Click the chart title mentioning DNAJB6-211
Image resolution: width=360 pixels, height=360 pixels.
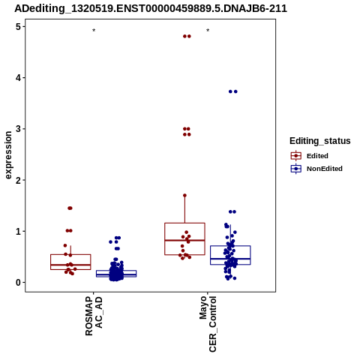click(x=151, y=8)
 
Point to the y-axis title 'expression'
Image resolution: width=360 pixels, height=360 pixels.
click(x=8, y=155)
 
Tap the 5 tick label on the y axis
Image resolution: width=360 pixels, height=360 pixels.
click(x=19, y=27)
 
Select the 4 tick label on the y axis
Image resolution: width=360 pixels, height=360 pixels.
click(x=19, y=78)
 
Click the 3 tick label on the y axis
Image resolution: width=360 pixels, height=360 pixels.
click(x=19, y=129)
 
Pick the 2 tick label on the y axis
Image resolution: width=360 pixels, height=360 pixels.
click(x=19, y=180)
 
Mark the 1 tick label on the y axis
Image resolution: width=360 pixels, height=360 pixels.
click(x=19, y=231)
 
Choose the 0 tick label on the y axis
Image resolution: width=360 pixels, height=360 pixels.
click(x=19, y=283)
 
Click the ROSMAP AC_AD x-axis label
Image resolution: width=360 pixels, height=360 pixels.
click(x=94, y=316)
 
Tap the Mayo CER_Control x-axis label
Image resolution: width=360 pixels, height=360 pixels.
click(x=208, y=324)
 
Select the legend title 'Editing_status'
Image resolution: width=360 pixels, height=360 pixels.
click(x=320, y=141)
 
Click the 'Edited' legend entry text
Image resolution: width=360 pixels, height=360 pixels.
click(x=317, y=156)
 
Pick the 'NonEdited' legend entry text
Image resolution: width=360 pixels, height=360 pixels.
click(x=325, y=169)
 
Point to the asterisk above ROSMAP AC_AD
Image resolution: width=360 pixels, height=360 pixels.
click(x=94, y=31)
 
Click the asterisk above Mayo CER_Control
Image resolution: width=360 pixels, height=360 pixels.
click(x=208, y=31)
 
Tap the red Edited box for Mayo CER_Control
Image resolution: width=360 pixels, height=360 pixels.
click(x=184, y=223)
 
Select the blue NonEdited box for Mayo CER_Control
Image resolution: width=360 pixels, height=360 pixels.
click(x=230, y=246)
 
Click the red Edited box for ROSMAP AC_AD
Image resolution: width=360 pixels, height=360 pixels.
click(x=70, y=255)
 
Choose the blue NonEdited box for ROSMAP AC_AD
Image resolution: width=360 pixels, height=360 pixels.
click(x=116, y=271)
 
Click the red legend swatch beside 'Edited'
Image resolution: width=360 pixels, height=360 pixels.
click(x=296, y=156)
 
